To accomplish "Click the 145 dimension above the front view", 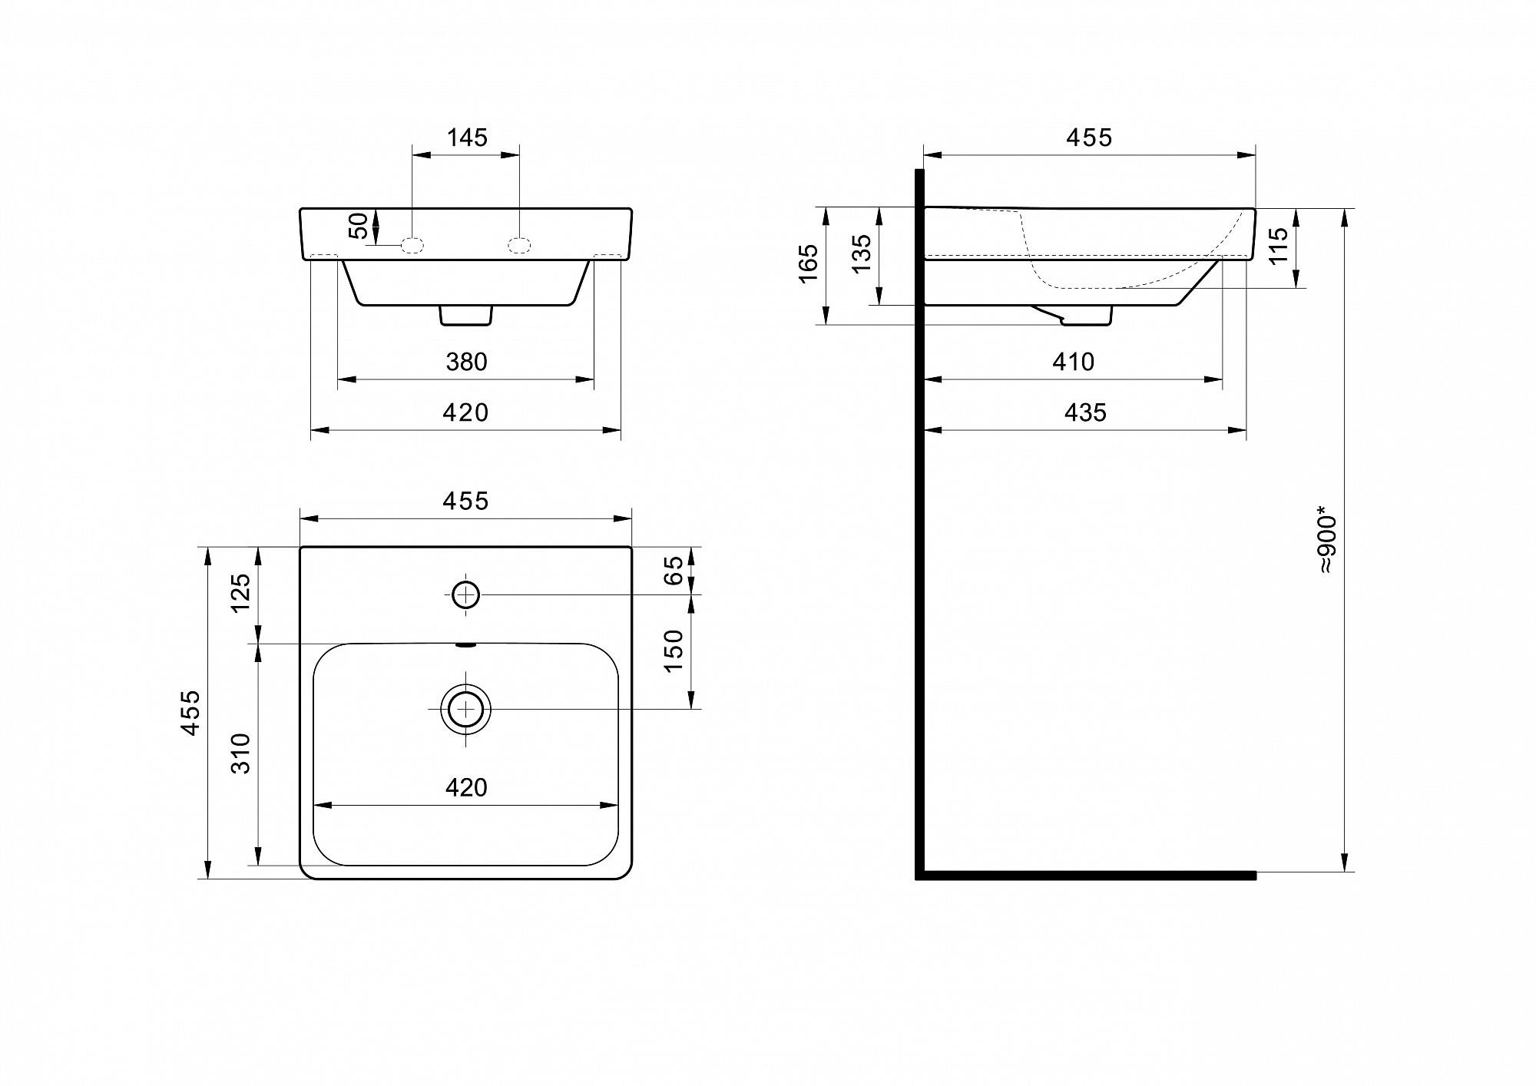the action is coord(467,137).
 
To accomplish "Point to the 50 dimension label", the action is coord(359,226).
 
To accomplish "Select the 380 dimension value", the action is coord(466,362).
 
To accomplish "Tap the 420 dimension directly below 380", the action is coord(465,412).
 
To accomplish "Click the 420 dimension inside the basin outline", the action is coord(466,787).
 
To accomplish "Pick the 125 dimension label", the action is coord(240,592).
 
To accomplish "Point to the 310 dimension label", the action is coord(240,753).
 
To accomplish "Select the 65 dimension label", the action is coord(673,571).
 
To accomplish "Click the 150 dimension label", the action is coord(673,651).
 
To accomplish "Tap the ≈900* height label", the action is coord(1327,539).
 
